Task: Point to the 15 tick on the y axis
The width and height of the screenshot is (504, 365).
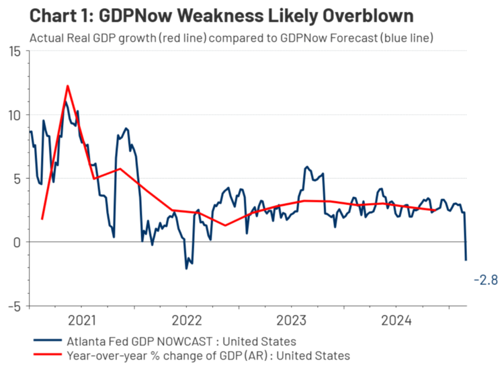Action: coord(15,51)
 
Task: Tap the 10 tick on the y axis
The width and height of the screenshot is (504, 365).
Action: coord(15,115)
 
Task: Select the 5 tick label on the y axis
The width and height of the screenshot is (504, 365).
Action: coord(17,179)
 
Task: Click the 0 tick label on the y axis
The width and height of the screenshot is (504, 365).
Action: coord(17,242)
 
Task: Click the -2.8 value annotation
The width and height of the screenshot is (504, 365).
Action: coord(485,280)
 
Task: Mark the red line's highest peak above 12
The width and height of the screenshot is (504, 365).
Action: coord(68,86)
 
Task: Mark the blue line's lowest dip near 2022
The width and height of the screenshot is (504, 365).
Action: coord(187,268)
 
